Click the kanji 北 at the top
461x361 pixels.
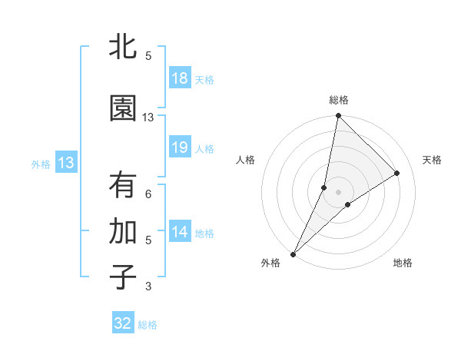pos(123,47)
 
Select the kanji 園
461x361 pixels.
pos(123,109)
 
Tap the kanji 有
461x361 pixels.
pos(123,186)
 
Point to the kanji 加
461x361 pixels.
pos(123,232)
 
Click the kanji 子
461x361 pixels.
pos(123,278)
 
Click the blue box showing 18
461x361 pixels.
pos(180,78)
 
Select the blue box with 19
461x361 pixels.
pos(180,147)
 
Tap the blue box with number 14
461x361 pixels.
pos(180,232)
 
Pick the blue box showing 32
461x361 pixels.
pos(123,323)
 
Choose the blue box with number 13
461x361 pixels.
pos(65,163)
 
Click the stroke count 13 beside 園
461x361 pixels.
pos(148,118)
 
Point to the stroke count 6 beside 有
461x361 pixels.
pos(148,194)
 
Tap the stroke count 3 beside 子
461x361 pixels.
pos(148,286)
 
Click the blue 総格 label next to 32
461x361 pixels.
pos(148,325)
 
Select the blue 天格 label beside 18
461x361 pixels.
pos(204,80)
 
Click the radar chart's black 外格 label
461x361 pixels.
pos(270,263)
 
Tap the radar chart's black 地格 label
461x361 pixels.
pos(403,263)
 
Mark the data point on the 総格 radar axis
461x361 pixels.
pos(338,116)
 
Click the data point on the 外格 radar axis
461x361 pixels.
pos(293,254)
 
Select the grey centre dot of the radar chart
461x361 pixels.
pos(338,191)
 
